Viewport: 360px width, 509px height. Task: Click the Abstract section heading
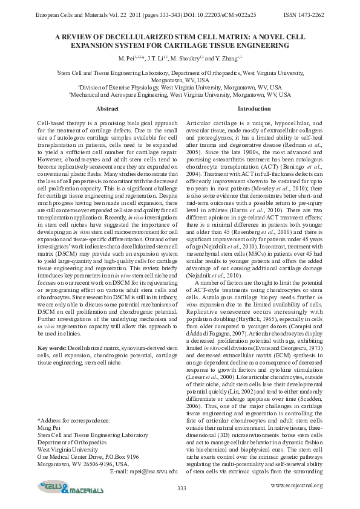point(108,108)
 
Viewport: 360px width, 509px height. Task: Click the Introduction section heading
point(254,108)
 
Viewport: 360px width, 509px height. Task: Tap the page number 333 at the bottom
point(181,488)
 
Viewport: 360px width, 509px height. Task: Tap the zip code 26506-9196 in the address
point(96,464)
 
